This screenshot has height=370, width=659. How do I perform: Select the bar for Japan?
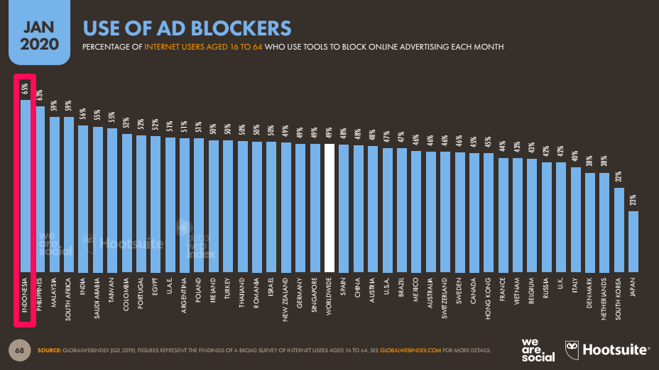[633, 241]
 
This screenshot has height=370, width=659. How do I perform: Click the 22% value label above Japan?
[633, 202]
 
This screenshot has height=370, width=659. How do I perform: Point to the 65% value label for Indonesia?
[25, 89]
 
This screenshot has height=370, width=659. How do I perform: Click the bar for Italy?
[575, 219]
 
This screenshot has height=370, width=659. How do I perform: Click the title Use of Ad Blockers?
[187, 28]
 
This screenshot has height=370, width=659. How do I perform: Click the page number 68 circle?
[19, 349]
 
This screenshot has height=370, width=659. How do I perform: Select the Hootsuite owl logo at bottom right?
[573, 349]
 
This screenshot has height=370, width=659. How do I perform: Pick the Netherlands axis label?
[604, 301]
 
